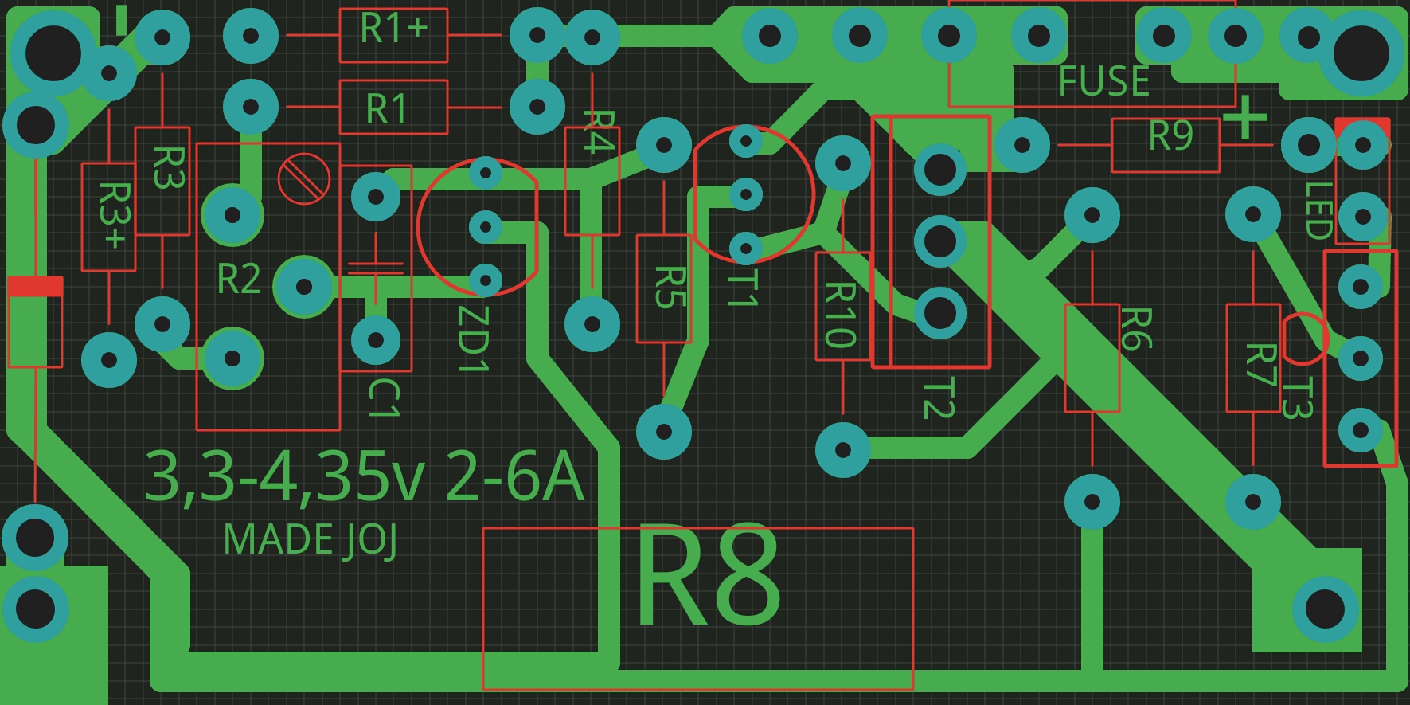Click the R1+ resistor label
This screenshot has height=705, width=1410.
(393, 29)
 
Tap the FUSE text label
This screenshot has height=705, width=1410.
(1103, 81)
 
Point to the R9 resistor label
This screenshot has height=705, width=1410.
(1170, 136)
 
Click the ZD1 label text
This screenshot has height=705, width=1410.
(471, 339)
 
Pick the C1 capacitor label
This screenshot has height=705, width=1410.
(383, 398)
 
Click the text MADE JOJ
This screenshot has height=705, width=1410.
(310, 540)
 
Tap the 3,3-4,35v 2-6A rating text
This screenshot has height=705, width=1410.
(364, 477)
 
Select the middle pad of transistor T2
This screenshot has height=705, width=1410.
(939, 241)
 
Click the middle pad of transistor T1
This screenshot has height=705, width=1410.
(746, 194)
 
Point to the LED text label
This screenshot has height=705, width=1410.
(1318, 210)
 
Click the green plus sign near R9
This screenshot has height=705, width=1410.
(1244, 119)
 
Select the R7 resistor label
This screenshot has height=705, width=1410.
(1260, 365)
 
